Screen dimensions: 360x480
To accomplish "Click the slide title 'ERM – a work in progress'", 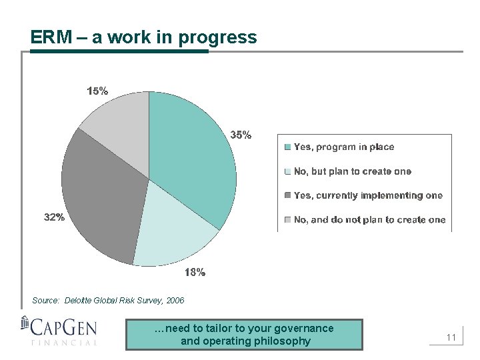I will click(x=143, y=37).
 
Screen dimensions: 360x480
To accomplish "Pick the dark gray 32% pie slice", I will click(x=103, y=200).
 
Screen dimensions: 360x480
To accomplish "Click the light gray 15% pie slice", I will click(x=120, y=133).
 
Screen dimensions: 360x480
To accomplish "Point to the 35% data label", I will click(x=241, y=135).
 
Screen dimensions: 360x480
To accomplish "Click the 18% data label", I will click(x=194, y=272).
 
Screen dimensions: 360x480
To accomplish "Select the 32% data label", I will click(x=54, y=217).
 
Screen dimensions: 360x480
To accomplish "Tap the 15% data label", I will click(x=97, y=91).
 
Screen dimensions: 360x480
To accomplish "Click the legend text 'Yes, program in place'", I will click(x=344, y=147).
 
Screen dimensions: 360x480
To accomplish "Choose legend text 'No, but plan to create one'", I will click(x=353, y=171).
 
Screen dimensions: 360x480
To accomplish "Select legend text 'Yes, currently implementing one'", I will click(x=368, y=195).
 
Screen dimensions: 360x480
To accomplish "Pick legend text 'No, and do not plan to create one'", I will click(x=369, y=220).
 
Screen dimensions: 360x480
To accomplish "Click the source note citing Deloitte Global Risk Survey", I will click(x=108, y=301).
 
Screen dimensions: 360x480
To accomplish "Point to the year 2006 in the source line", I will click(x=175, y=301).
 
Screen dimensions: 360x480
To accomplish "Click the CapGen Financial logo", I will click(x=59, y=331).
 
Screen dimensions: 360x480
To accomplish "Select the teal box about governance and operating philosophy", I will click(x=245, y=335).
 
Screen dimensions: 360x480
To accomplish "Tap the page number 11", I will click(x=451, y=338).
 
